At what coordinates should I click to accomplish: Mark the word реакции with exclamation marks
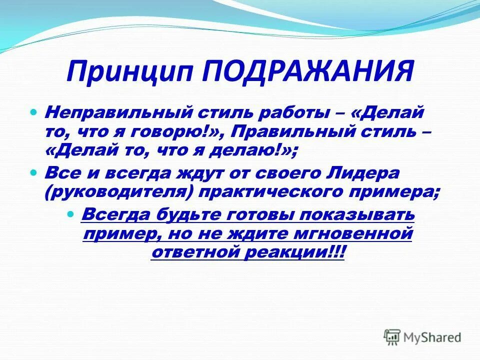click(x=295, y=252)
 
